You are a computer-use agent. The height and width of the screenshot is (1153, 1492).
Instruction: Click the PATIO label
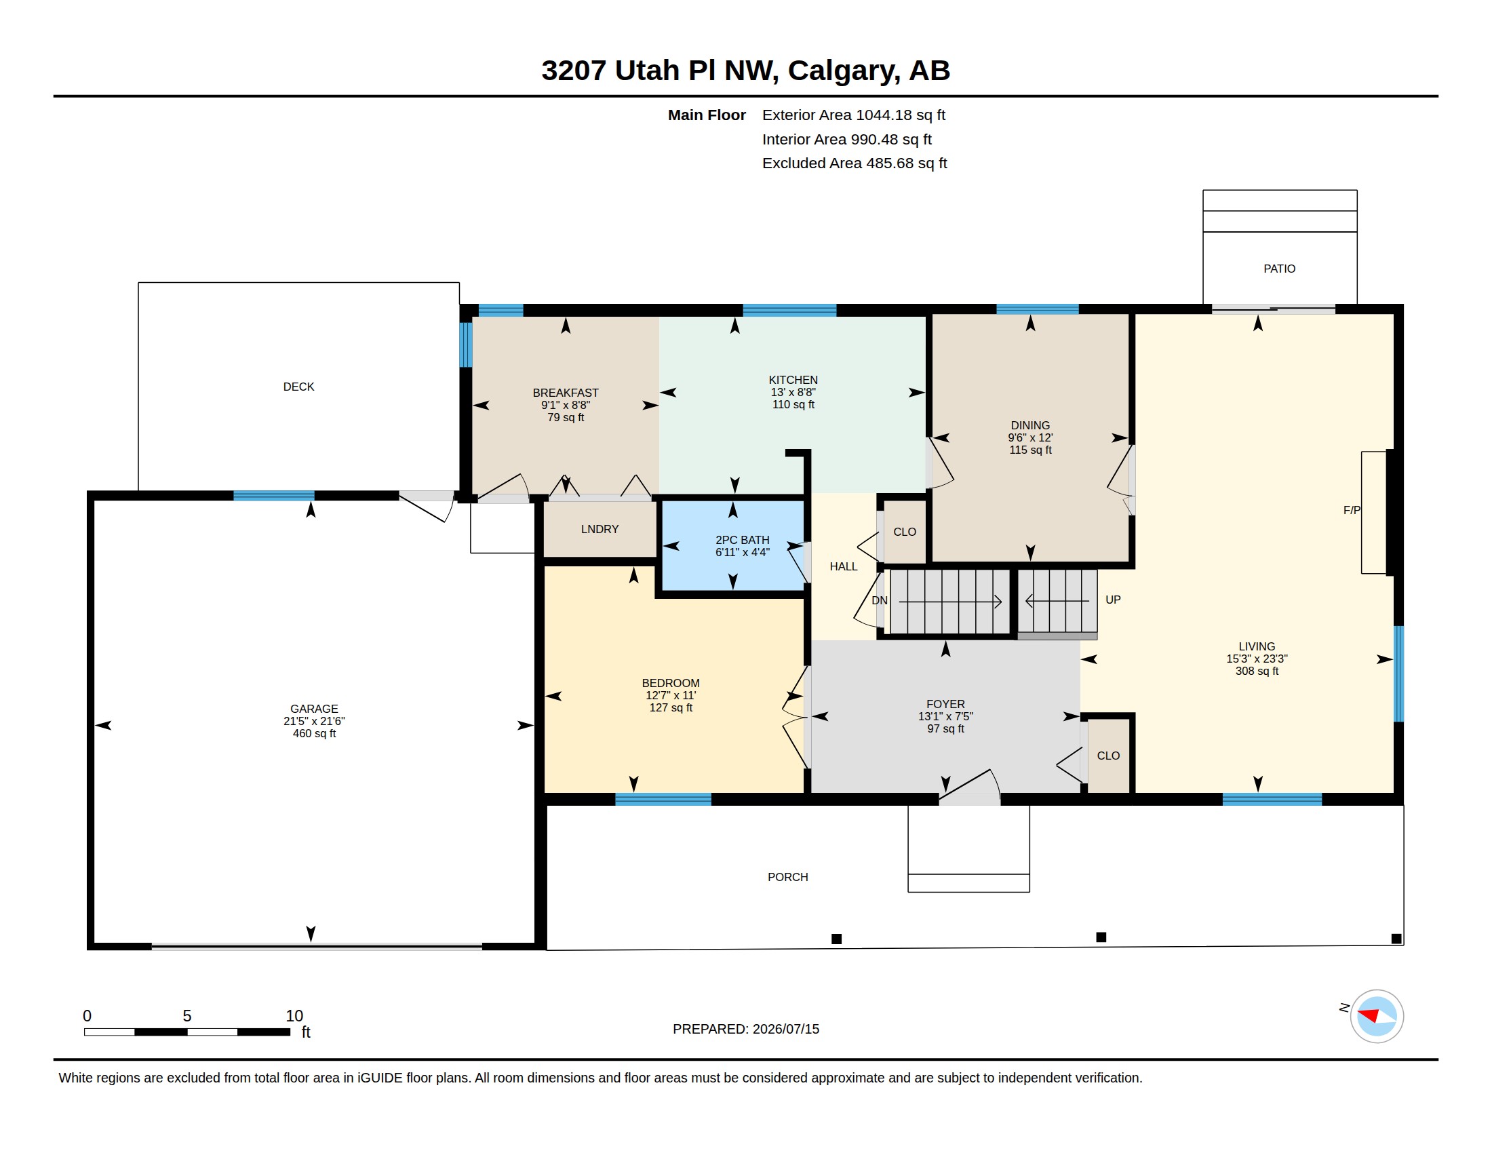tap(1279, 269)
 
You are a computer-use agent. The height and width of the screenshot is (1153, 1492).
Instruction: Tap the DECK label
tap(298, 387)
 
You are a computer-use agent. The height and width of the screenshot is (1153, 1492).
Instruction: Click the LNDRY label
tap(600, 530)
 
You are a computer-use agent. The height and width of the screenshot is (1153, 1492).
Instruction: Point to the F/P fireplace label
tap(1351, 510)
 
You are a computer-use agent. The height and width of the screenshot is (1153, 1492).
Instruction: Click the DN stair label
tap(879, 600)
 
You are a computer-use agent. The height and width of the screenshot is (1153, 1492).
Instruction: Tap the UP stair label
tap(1113, 600)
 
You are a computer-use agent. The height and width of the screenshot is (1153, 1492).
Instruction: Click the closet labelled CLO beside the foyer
tap(1108, 756)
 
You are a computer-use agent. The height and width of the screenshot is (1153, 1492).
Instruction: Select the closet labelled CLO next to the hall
tap(905, 532)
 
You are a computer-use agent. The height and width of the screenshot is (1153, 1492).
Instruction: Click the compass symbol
tap(1377, 1016)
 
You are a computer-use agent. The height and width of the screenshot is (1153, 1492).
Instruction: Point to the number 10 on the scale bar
tap(294, 1016)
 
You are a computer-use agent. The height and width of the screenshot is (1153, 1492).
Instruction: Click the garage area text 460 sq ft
tap(314, 734)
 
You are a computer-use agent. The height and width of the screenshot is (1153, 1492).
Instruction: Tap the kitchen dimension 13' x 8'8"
tap(793, 392)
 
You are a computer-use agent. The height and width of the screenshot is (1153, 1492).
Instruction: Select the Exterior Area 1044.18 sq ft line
tap(854, 115)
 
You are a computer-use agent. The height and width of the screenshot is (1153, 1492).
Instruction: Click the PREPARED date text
tap(746, 1029)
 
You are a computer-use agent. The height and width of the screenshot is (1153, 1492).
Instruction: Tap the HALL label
tap(844, 566)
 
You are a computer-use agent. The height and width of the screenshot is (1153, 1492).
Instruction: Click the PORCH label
tap(787, 877)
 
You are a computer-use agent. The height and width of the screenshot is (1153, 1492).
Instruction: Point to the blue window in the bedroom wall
tap(663, 799)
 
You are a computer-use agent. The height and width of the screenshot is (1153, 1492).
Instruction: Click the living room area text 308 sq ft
tap(1257, 671)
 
